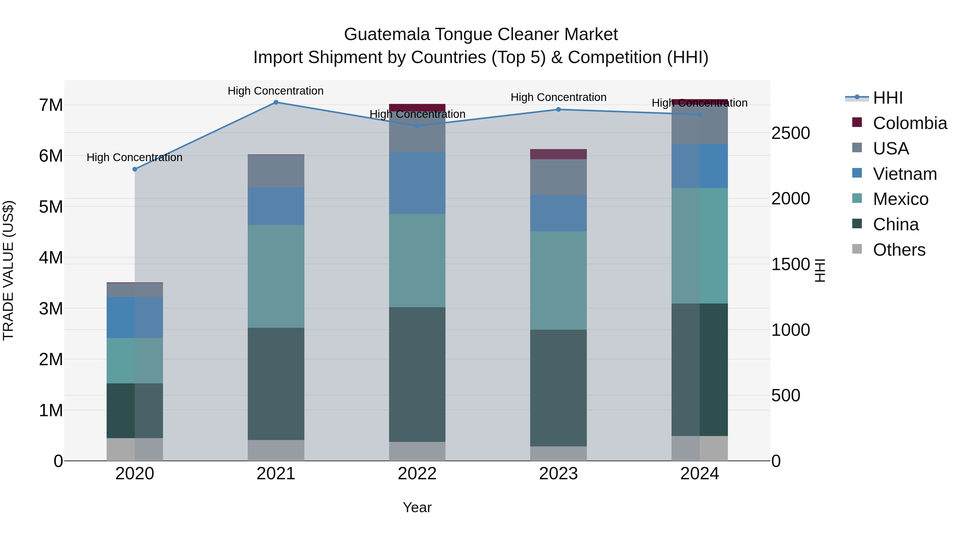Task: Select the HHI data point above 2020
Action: pyautogui.click(x=135, y=169)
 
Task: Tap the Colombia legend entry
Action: pyautogui.click(x=909, y=123)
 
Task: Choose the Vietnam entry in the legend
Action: pyautogui.click(x=905, y=174)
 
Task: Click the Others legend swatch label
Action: pyautogui.click(x=899, y=250)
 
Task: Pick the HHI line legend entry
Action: pyautogui.click(x=887, y=98)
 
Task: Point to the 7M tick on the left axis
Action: pyautogui.click(x=51, y=105)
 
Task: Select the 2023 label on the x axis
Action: pyautogui.click(x=558, y=474)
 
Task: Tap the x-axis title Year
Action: pyautogui.click(x=417, y=507)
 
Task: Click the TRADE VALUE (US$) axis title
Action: pyautogui.click(x=8, y=270)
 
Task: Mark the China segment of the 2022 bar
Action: pyautogui.click(x=417, y=375)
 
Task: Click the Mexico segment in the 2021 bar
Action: pyautogui.click(x=276, y=276)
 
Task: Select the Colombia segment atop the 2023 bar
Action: pyautogui.click(x=558, y=154)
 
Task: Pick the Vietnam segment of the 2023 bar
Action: pyautogui.click(x=558, y=213)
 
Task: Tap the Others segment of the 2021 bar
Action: pyautogui.click(x=276, y=450)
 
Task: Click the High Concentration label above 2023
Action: pyautogui.click(x=558, y=98)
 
